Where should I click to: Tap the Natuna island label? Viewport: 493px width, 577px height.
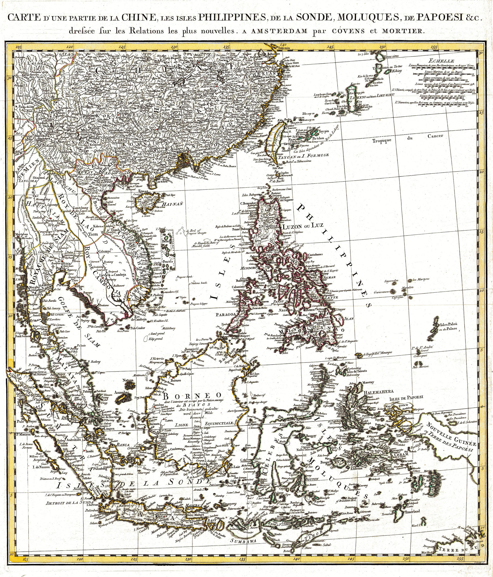129,380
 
